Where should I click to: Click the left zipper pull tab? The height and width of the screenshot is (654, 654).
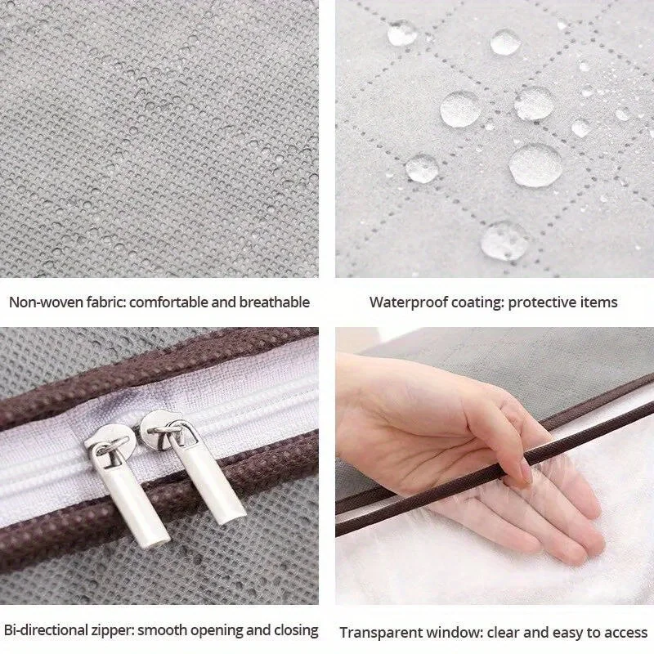[133, 500]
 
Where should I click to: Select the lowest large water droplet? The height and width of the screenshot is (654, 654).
[504, 241]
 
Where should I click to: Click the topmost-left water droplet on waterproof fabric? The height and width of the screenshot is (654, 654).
[402, 33]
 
